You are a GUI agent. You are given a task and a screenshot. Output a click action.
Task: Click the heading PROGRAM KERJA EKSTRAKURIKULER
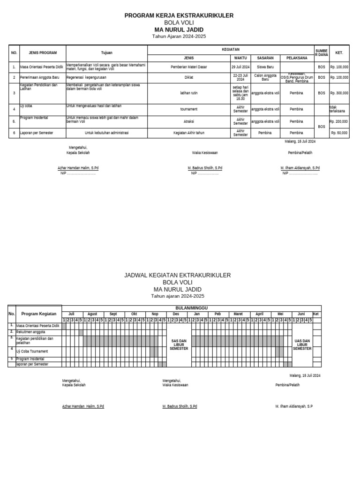click(179, 16)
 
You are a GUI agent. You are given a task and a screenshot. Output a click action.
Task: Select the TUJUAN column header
click(107, 53)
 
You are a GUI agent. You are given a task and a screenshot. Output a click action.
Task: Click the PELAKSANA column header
click(296, 58)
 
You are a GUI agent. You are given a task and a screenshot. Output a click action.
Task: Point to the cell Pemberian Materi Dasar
click(189, 67)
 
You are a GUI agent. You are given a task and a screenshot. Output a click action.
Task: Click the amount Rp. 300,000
click(339, 93)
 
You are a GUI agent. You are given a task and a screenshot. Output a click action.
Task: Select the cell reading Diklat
click(189, 77)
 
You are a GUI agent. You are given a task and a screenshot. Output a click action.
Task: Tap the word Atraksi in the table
click(189, 121)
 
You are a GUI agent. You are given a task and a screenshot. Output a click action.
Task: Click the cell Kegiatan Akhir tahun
click(189, 133)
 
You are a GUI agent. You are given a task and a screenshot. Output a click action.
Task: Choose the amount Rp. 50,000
click(339, 133)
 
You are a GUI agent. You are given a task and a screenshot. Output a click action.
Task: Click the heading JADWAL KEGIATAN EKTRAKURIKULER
click(177, 276)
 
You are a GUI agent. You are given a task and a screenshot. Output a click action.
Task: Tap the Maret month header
click(239, 314)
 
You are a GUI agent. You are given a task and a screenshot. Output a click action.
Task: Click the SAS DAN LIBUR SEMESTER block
click(179, 345)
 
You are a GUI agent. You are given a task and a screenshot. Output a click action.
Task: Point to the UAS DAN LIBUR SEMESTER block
click(302, 345)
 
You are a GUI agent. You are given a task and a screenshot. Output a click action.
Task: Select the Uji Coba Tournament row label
click(32, 351)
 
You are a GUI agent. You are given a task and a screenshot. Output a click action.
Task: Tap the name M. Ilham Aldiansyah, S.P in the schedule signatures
click(294, 406)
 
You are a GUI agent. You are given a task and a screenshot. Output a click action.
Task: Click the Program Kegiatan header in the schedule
click(39, 314)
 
